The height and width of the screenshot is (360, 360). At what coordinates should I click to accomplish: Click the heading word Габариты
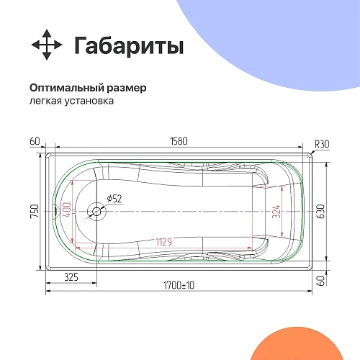click(x=129, y=45)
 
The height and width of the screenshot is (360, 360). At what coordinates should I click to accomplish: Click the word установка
click(x=89, y=101)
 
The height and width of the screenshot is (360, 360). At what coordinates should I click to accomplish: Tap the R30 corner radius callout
click(x=321, y=145)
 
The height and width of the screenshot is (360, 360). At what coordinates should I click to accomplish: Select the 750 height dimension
click(x=34, y=212)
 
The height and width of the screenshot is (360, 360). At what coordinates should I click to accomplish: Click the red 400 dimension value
click(x=67, y=212)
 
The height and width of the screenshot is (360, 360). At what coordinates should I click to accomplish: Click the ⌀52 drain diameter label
click(x=114, y=198)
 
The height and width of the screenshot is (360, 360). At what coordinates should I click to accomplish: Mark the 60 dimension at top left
click(x=35, y=141)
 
